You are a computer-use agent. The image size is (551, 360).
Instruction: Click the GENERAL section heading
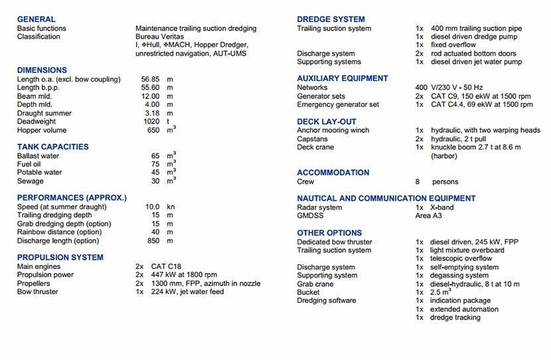37,19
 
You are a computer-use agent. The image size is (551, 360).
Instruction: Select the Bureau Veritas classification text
159,37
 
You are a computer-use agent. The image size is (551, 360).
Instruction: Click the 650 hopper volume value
153,131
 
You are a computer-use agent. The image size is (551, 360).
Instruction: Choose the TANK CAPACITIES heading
52,147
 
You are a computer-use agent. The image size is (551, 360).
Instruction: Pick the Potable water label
40,173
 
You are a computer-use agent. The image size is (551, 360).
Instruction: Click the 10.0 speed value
153,207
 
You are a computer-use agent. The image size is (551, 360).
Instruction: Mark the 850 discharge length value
153,241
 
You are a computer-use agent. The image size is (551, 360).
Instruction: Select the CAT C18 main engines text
166,266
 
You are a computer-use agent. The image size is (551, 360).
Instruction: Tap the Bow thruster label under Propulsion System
38,292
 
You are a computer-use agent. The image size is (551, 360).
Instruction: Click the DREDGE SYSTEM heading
331,19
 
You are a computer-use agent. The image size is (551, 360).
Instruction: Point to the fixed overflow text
453,45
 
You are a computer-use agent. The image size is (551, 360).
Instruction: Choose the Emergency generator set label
338,105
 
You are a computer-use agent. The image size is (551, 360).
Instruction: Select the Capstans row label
312,139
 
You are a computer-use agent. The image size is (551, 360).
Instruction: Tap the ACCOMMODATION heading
333,173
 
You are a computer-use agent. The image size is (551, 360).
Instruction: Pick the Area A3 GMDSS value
429,216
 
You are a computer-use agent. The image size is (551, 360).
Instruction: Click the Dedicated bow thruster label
335,242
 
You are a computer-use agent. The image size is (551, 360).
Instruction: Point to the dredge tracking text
455,317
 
